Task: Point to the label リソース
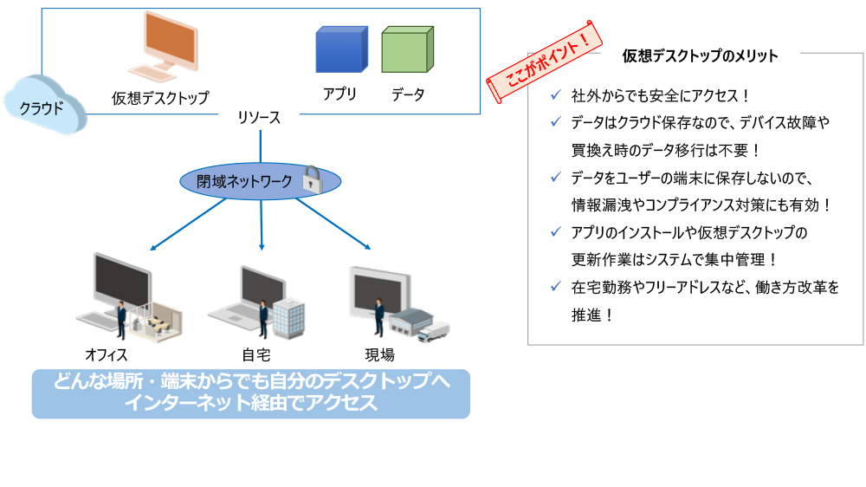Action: pos(260,119)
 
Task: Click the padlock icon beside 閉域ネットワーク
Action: pos(312,179)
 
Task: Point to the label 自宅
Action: pos(255,354)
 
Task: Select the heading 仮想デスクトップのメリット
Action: pos(700,56)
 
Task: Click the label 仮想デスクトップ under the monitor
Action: pos(160,98)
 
